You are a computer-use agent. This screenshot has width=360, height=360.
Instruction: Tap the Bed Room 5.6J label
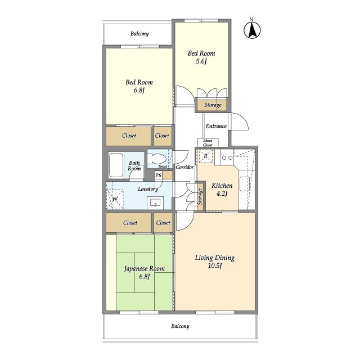pos(201,57)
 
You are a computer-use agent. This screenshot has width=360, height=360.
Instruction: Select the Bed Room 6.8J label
pos(139,86)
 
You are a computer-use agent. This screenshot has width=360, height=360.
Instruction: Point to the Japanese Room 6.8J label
pos(145,272)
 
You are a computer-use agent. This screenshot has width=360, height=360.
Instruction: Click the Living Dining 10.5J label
pos(215,262)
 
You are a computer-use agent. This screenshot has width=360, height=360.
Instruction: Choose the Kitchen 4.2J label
pos(222,190)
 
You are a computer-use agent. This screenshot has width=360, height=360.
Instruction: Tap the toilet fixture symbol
pos(156,159)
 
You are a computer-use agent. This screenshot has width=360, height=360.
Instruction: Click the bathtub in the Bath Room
pos(116,165)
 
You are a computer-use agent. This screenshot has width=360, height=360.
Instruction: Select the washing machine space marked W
pos(115,199)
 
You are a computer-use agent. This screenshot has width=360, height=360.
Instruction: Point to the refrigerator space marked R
pos(206,156)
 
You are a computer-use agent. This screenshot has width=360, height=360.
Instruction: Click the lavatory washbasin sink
pos(155,203)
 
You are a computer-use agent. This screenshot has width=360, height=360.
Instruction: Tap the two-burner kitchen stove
pos(227,157)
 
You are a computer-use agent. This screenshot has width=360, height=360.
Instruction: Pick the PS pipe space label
pos(158,175)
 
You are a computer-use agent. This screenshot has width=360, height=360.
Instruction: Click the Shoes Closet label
pos(208,143)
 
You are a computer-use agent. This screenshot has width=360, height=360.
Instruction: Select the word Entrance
pos(216,126)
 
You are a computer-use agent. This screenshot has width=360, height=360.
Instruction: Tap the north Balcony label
pos(139,34)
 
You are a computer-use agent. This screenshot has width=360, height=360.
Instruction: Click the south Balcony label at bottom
pos(180,326)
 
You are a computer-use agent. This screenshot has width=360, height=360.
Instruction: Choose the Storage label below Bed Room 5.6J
pos(213,105)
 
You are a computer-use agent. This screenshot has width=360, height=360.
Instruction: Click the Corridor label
pos(184,167)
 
